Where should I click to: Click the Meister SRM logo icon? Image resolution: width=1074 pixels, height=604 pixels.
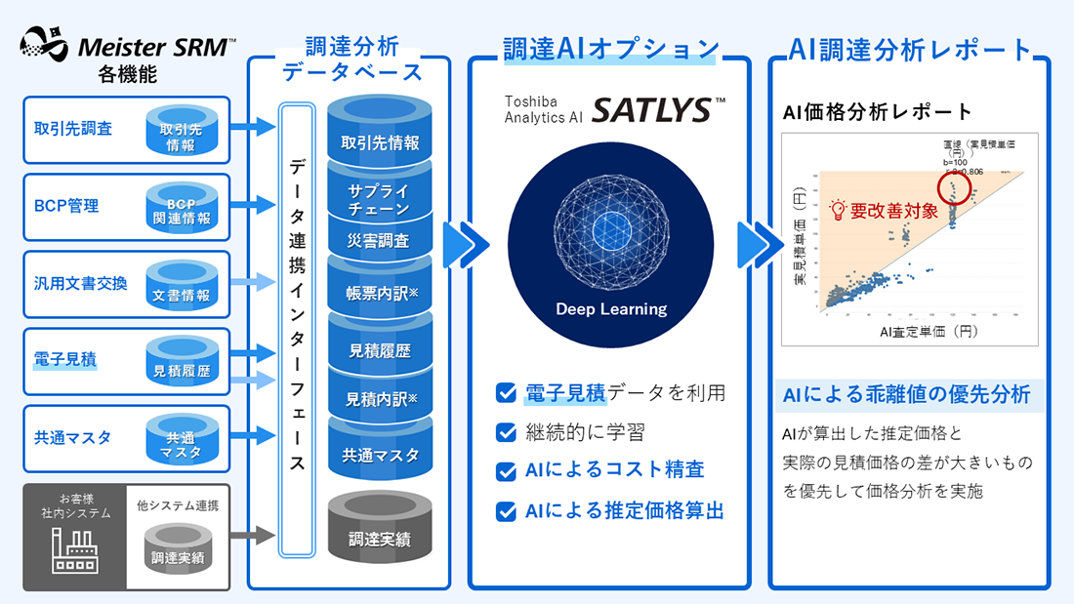tap(43, 43)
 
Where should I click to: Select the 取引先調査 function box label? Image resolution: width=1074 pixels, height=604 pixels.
tap(72, 128)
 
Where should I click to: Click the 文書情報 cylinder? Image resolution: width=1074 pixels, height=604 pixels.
tap(181, 284)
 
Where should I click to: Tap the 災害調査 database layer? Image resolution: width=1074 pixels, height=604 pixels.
tap(380, 240)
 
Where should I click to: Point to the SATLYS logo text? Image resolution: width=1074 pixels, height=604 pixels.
tap(652, 109)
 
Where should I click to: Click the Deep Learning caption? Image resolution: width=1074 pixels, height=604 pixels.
tap(611, 309)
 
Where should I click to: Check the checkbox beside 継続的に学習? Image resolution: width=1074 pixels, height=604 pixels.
tap(506, 431)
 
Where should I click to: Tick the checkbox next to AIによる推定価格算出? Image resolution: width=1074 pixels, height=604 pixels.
tap(506, 510)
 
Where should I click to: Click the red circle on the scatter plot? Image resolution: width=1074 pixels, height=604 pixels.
tap(953, 186)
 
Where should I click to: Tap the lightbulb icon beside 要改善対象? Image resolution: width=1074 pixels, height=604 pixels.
tap(837, 209)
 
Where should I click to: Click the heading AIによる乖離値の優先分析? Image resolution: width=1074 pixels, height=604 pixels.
tap(906, 394)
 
